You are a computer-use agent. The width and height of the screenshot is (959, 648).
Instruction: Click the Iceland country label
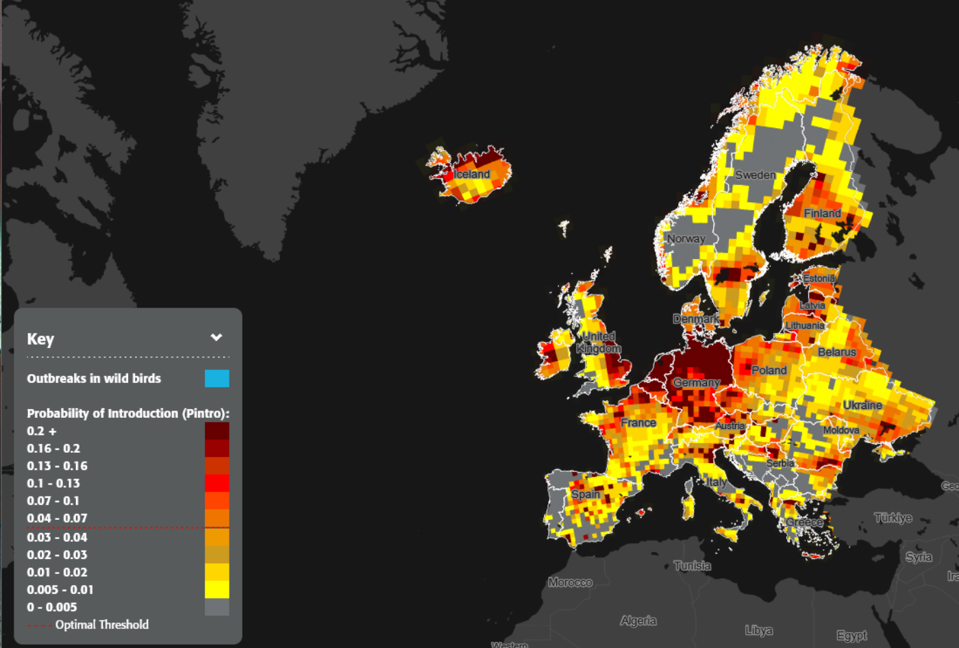coord(471,174)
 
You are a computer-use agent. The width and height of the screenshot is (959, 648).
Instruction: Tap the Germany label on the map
coord(696,382)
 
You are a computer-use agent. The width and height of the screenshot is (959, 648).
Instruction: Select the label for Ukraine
coord(862,405)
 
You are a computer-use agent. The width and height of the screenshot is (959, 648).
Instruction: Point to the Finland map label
coord(822,213)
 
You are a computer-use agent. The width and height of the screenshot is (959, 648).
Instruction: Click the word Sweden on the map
coord(756,175)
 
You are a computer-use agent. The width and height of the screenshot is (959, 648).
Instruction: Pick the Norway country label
coord(686,238)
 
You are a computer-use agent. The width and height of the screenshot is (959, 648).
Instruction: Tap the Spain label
coord(585,494)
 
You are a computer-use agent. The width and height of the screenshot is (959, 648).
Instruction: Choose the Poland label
coord(769,370)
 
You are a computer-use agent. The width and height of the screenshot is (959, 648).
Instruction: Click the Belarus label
coord(836,351)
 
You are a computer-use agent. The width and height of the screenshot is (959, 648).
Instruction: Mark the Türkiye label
coord(893,517)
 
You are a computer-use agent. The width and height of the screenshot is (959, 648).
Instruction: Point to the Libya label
coord(758,630)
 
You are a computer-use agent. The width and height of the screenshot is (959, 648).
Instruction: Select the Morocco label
coord(570,582)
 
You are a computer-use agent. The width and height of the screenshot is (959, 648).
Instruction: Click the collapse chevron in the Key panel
coord(216,337)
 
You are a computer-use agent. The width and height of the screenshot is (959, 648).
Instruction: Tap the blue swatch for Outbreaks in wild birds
coord(216,378)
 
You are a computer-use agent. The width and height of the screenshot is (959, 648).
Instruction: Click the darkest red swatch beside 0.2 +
coord(216,431)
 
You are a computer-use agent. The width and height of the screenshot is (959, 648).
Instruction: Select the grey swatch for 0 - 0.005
coord(216,607)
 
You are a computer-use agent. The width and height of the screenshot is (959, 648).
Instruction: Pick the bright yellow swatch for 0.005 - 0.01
coord(216,589)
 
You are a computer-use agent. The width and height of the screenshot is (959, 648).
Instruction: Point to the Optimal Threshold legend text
coord(101,624)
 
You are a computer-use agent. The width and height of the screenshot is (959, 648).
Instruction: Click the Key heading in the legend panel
coord(40,339)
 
